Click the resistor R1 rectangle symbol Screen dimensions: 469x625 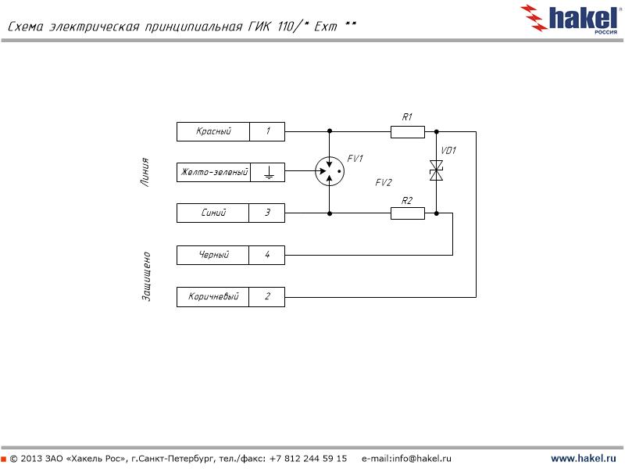(x=407, y=131)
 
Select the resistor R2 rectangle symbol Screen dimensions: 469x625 (x=407, y=213)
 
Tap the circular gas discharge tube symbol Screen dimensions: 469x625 (x=330, y=171)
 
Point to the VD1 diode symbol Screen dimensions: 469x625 (x=437, y=171)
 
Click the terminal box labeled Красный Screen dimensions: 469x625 (x=213, y=131)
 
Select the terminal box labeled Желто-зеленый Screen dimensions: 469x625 (x=213, y=172)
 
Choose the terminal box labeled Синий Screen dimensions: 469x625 (x=213, y=213)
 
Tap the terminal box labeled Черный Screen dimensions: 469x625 (x=213, y=255)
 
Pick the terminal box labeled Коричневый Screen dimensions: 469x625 (x=213, y=297)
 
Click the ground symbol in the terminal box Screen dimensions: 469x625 (x=268, y=172)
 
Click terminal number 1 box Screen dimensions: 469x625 (x=268, y=131)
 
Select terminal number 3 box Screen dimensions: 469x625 (x=268, y=213)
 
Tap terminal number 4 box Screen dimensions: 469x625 (x=268, y=255)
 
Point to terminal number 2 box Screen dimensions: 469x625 (x=268, y=297)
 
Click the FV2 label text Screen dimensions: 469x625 (x=383, y=183)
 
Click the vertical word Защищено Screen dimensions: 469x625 (x=146, y=276)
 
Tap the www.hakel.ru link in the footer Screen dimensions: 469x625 (x=584, y=458)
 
